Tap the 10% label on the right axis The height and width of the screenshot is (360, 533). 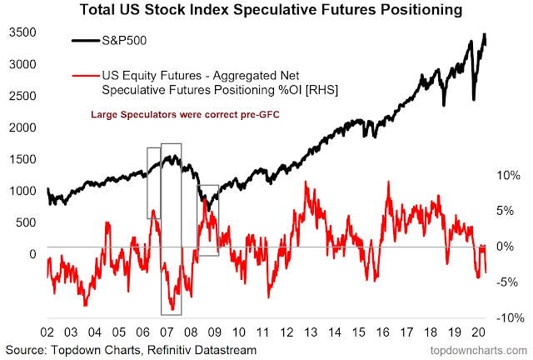(506, 176)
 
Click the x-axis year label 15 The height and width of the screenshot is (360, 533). (358, 331)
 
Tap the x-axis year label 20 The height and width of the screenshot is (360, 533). (476, 331)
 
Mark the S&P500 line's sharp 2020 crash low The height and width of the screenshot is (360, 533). (474, 99)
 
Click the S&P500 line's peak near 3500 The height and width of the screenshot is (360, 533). (484, 35)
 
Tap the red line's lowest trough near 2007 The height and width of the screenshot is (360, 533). (172, 309)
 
